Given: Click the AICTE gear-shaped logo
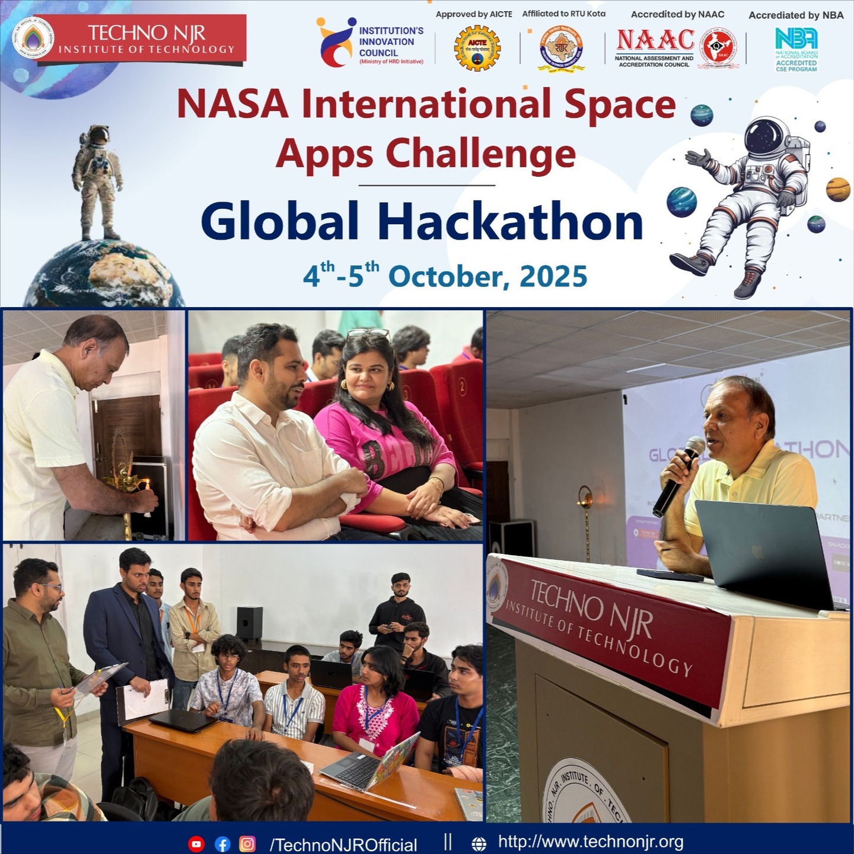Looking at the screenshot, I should (x=477, y=49).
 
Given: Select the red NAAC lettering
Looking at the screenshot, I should (x=655, y=40).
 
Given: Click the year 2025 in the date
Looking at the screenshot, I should (x=553, y=277).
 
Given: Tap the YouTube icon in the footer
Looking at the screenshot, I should (x=196, y=844).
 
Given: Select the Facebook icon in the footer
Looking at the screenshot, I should (x=222, y=844).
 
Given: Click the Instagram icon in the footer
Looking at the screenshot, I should (x=247, y=844).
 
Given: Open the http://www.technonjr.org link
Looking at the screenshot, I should (x=591, y=842).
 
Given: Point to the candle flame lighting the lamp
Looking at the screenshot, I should (x=143, y=485).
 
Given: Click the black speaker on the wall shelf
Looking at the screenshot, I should (x=250, y=623).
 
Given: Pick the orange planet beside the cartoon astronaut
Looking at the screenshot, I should (x=837, y=189).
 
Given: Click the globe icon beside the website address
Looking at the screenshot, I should (x=479, y=844).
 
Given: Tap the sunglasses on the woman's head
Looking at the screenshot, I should (x=368, y=333).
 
